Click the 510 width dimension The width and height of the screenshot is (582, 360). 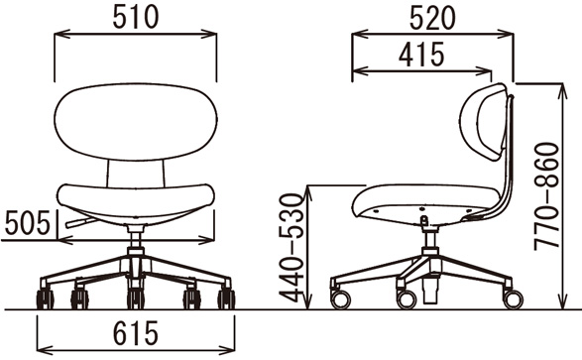[136, 18]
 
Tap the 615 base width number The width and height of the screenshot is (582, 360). [136, 333]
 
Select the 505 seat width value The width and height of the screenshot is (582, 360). [28, 223]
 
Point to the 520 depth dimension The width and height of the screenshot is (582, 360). [432, 19]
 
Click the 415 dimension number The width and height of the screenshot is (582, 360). [421, 55]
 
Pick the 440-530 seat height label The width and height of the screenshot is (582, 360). [291, 247]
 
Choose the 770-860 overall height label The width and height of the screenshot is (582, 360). [546, 196]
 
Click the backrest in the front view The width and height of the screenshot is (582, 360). [136, 122]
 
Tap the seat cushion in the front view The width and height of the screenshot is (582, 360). [136, 203]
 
